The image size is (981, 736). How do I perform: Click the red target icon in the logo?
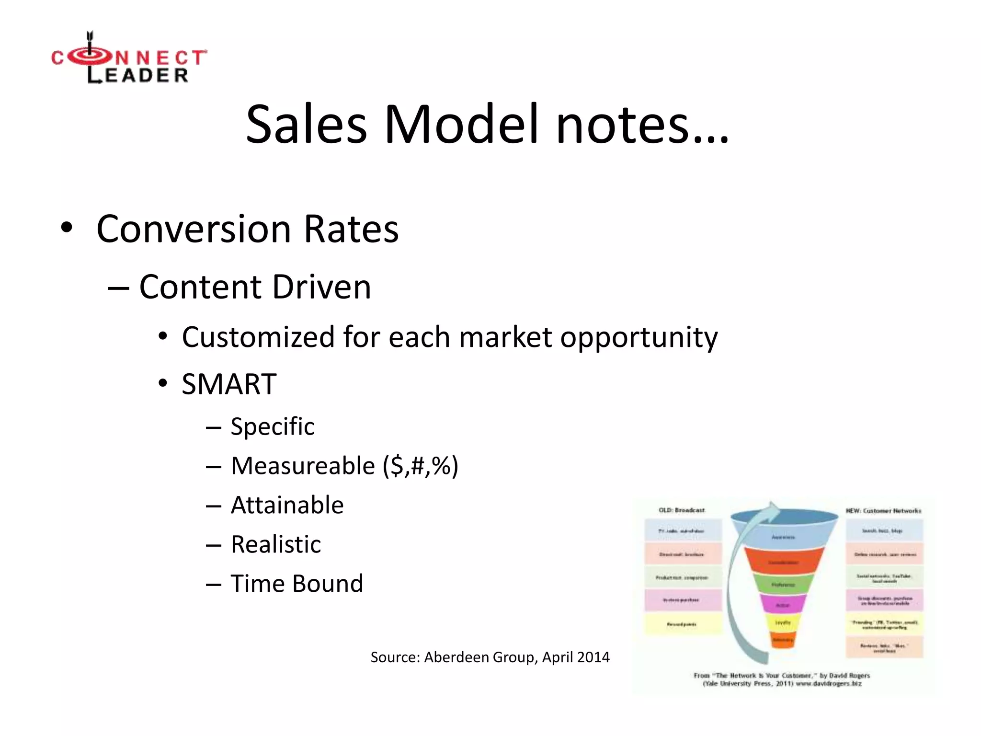(91, 57)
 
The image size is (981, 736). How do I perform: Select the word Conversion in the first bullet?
(194, 229)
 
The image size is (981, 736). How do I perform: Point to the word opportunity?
(639, 337)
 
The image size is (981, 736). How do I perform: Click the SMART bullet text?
(229, 384)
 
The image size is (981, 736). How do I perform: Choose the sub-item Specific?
(273, 426)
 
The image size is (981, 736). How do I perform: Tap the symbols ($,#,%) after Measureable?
(420, 466)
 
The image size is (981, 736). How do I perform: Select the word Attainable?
(287, 505)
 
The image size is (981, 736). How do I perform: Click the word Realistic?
(276, 544)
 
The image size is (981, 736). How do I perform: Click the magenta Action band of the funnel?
(783, 605)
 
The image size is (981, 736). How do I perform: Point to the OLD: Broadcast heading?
(682, 510)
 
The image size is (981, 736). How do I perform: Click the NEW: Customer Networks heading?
(883, 511)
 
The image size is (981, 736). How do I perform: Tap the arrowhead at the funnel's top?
(772, 509)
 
